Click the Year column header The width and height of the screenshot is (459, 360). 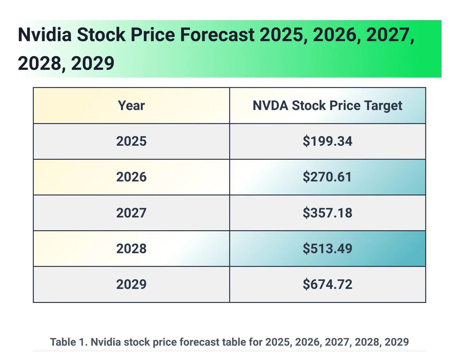coord(131,106)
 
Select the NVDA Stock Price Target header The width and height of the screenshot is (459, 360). coord(327,106)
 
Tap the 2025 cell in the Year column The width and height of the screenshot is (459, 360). coord(131,141)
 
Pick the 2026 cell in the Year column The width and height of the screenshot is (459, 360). coord(131,177)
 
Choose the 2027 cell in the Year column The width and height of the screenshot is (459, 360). coord(131,213)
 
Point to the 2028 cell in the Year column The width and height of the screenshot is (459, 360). coord(131,248)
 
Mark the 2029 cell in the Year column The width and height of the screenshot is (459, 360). coord(131,284)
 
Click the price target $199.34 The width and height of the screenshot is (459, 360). coord(327,141)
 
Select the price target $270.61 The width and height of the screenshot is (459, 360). coord(327,177)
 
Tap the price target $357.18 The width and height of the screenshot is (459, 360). coord(327,213)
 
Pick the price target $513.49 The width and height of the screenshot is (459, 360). coord(327,248)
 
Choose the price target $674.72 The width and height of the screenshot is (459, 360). coord(327,284)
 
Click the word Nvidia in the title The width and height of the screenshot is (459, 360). coord(45,35)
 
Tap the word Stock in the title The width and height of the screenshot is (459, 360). coord(101,35)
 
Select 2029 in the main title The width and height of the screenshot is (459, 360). coord(93,63)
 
